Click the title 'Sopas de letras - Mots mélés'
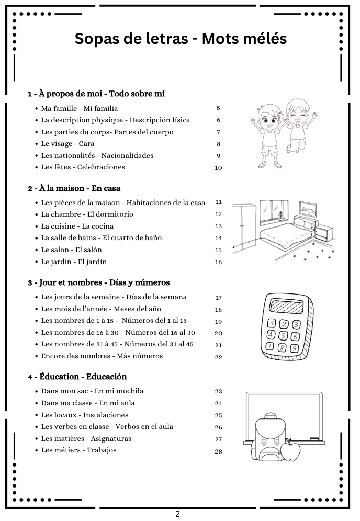181,39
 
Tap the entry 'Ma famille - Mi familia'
80,108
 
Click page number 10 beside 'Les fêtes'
218,168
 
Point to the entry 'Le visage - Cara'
67,143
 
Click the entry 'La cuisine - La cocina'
77,226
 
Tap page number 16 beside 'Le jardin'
218,262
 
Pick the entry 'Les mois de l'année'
101,309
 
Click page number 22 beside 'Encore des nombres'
218,357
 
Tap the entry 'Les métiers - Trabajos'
79,450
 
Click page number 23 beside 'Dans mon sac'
218,391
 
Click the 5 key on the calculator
283,335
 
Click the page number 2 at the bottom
177,514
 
